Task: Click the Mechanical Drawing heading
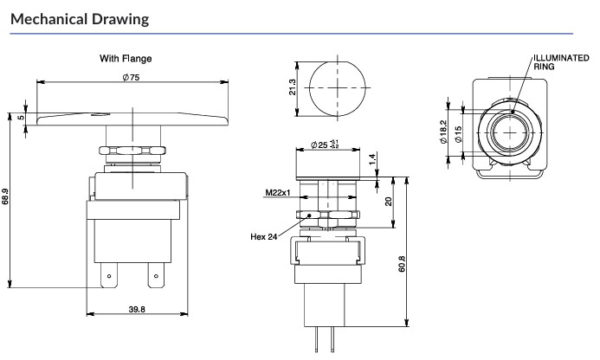point(80,19)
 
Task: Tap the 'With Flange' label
point(126,59)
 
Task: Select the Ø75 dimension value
point(132,77)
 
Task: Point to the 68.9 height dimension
point(4,196)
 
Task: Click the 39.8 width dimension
point(137,309)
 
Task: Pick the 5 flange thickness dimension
point(22,118)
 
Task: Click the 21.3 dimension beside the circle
point(293,87)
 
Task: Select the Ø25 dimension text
point(325,145)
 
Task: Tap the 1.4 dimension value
point(372,158)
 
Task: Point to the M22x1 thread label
point(278,192)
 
